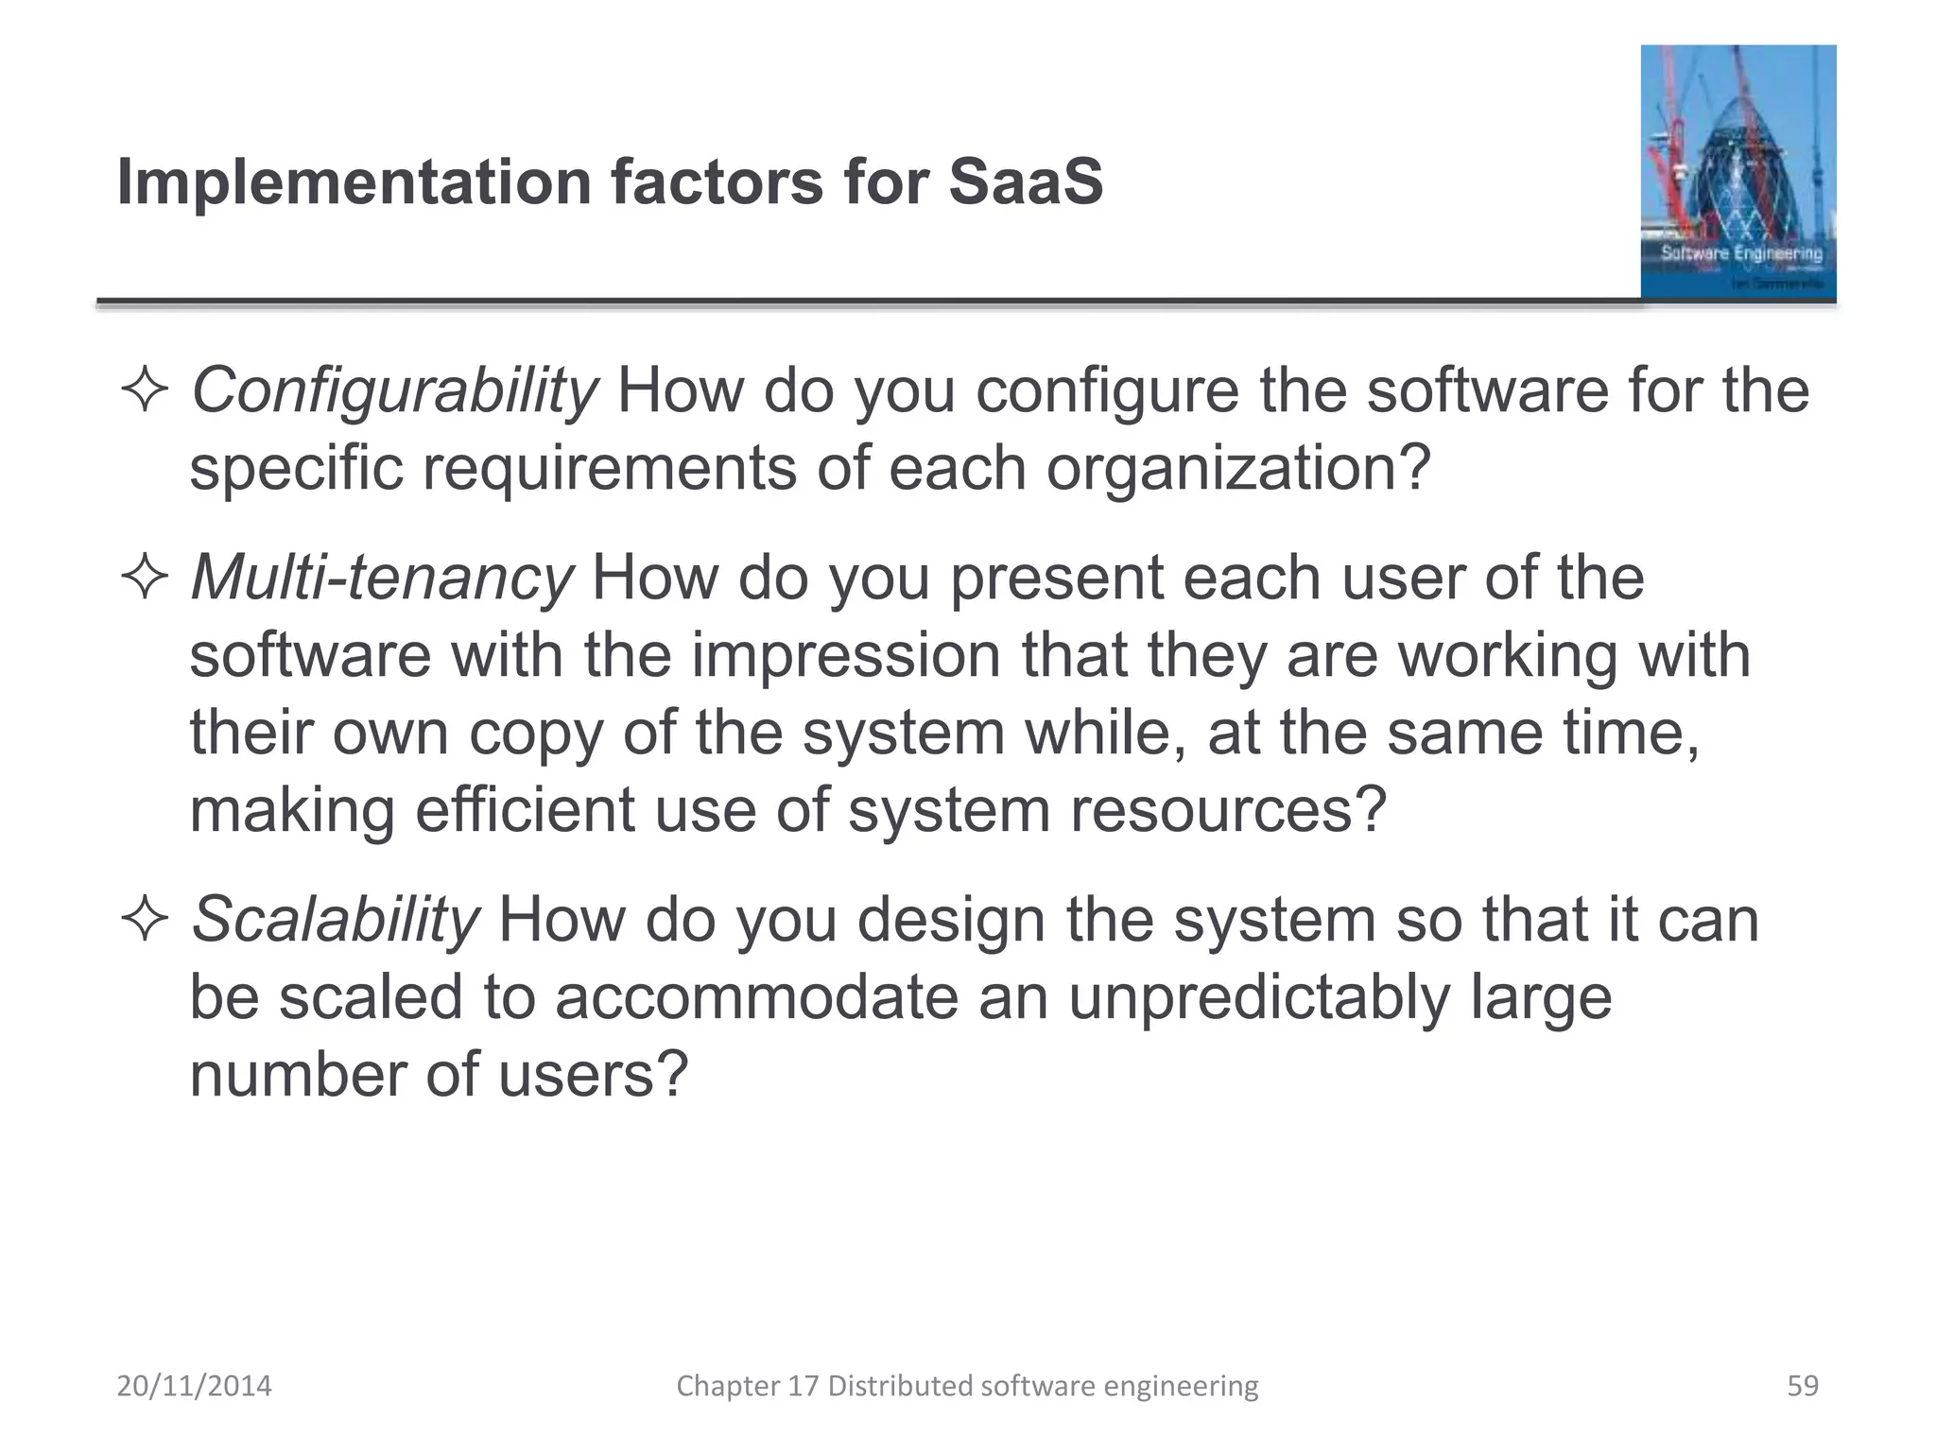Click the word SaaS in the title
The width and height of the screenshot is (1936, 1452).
click(1026, 181)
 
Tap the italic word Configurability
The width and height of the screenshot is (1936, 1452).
click(394, 391)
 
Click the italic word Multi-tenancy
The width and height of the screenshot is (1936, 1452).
click(382, 579)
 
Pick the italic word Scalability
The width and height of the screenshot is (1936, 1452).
click(336, 920)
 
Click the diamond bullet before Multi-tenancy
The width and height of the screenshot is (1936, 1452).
click(145, 579)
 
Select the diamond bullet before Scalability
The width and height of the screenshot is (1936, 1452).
click(145, 920)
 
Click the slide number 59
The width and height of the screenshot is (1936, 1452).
click(1802, 1386)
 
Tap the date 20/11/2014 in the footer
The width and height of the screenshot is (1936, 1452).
click(194, 1386)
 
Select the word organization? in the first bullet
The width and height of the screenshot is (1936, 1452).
click(1238, 469)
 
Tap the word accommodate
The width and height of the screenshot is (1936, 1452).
click(756, 998)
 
